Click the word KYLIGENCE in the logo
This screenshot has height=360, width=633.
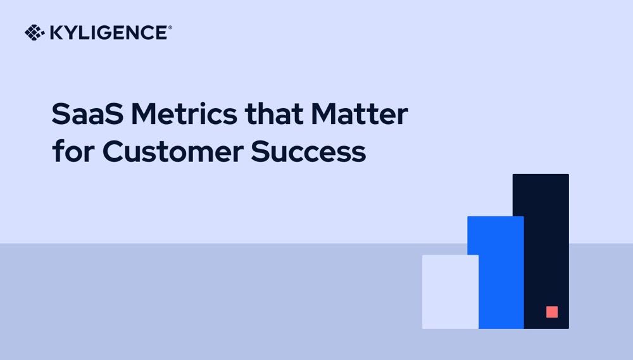[x=107, y=33]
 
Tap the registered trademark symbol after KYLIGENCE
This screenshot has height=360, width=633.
[x=170, y=28]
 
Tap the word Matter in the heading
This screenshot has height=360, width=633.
[x=359, y=115]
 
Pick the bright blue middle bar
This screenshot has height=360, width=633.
[x=495, y=272]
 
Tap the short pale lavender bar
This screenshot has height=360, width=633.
[x=450, y=292]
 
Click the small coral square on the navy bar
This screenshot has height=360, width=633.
[x=552, y=312]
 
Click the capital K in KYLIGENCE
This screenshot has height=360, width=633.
[x=55, y=33]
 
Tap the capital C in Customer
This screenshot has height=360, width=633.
[x=114, y=152]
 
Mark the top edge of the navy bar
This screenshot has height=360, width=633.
[x=541, y=175]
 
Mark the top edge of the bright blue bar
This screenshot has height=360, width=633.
[x=495, y=218]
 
